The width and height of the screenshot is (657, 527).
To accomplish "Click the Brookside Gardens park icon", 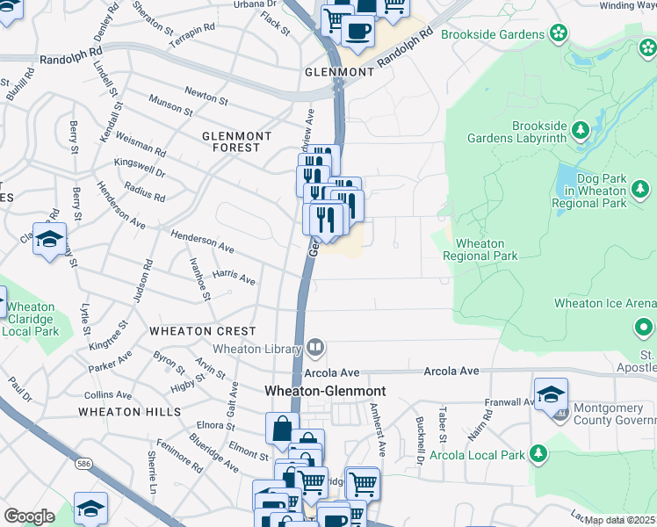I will pos(558,33).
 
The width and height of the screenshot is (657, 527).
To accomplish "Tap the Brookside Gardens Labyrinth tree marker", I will pos(580,132).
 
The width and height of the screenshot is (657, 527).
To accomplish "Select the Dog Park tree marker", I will pos(640,189).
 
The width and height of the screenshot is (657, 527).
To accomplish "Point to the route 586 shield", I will pos(83,474).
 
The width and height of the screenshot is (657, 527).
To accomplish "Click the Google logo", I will pos(29,516).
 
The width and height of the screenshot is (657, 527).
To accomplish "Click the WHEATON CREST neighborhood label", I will pos(203,331).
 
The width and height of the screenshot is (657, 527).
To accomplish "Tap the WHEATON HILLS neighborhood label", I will pos(129,411).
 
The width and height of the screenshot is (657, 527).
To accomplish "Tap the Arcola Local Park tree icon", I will pos(538,454).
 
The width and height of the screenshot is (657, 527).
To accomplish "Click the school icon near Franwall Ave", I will pos(551,393).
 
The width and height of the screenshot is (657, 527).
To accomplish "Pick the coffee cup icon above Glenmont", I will pos(357,32).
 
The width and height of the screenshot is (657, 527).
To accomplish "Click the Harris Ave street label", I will pos(234,278).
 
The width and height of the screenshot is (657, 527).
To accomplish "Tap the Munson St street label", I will pos(170,105).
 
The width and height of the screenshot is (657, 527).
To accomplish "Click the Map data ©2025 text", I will pos(619,520).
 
